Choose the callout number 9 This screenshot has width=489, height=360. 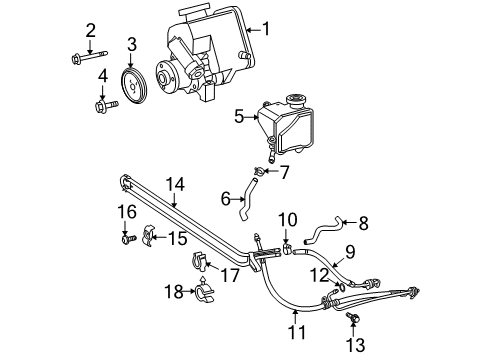351,251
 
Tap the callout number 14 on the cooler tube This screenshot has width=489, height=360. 176,183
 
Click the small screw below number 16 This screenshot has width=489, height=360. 125,239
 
